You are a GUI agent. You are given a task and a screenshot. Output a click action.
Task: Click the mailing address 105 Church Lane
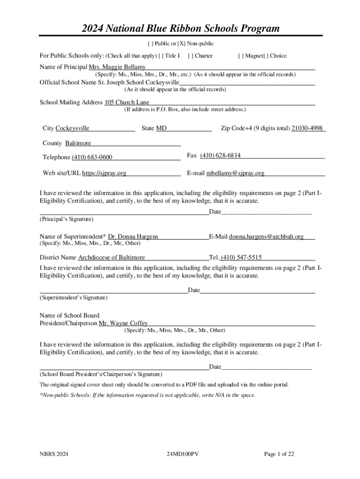pos(127,102)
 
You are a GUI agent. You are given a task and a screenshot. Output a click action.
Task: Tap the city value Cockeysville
pos(72,128)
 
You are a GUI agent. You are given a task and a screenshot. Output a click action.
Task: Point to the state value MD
pos(161,128)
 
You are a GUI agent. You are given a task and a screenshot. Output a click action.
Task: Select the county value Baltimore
pos(78,143)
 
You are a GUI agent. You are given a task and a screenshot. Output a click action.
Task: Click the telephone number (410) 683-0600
pos(92,157)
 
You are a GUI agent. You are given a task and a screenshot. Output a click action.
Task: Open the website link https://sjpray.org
pos(104,173)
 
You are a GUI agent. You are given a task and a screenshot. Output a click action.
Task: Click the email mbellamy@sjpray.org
pos(235,173)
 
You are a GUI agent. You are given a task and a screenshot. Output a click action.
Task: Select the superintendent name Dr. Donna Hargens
pos(133,237)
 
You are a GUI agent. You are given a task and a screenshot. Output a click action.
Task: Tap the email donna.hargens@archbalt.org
pos(266,237)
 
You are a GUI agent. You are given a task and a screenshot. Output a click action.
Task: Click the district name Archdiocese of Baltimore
pos(111,257)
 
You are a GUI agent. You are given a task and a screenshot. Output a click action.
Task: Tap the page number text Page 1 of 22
pos(279,454)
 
